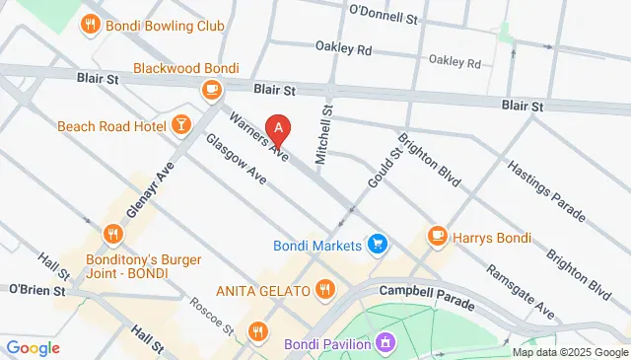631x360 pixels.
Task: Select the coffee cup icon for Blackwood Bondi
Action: (210, 90)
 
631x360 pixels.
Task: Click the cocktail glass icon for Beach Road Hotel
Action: (180, 124)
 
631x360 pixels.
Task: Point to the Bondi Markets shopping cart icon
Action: (376, 243)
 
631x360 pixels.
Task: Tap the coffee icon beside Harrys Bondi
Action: (437, 237)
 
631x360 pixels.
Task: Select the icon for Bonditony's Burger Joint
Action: (113, 235)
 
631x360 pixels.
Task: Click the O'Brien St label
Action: (36, 290)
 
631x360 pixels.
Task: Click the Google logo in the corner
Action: (32, 347)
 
